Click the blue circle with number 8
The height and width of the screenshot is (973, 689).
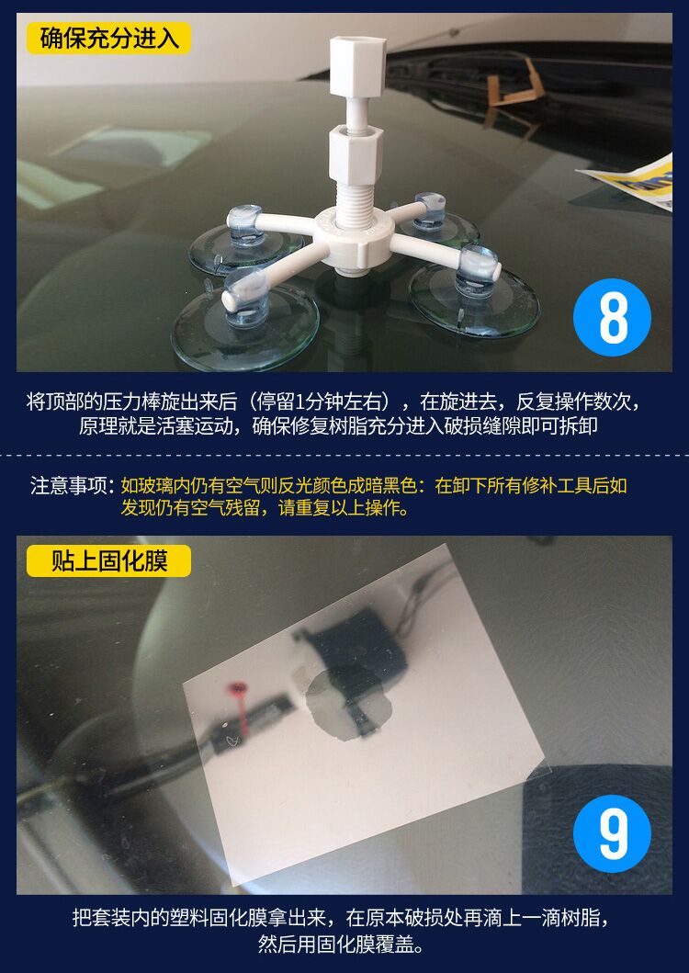pos(612,317)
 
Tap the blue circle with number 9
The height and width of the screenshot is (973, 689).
pos(612,833)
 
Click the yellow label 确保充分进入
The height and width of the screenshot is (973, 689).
pos(108,39)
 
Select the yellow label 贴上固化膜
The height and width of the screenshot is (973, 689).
pos(108,561)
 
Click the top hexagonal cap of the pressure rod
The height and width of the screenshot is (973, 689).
pos(357,66)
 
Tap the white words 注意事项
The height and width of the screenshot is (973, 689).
pos(69,485)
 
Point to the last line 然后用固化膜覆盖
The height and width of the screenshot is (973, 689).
pos(342,944)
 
